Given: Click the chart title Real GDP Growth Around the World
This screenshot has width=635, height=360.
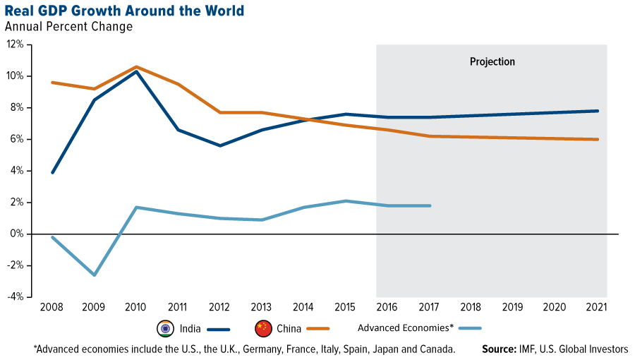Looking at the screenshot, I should tap(124, 11).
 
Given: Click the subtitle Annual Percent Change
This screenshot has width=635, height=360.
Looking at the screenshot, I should tap(68, 27).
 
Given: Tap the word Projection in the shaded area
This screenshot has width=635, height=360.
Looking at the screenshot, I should tap(492, 62).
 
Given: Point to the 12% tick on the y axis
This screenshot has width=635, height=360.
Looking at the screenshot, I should tap(16, 44).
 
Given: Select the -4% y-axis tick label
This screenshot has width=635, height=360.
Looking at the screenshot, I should tap(15, 296).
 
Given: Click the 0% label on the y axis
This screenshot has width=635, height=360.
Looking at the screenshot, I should tap(18, 234).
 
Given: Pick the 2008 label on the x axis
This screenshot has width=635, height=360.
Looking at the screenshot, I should tap(52, 308).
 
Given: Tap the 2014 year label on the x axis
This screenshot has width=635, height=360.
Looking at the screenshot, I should tap(304, 308).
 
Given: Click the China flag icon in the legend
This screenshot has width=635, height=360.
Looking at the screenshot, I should tap(262, 328).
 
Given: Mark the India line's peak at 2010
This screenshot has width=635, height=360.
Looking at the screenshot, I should tap(136, 71).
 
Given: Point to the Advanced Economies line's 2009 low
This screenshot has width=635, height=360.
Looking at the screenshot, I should tap(94, 275).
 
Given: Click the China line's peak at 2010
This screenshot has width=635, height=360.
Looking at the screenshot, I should tap(136, 67).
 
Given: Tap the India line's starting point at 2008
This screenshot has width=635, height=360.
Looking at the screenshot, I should tap(52, 172).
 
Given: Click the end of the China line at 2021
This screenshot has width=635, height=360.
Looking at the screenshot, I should tap(598, 139).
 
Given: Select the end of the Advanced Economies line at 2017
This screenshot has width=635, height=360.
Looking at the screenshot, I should tap(430, 205).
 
